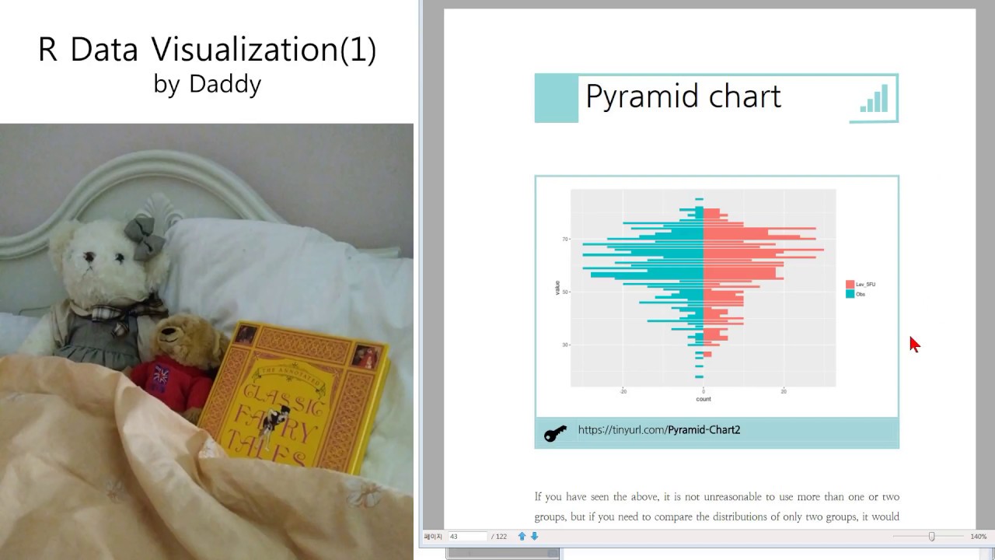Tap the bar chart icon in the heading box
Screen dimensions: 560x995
point(874,99)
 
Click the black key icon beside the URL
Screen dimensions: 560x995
point(555,433)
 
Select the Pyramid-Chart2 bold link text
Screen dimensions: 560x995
point(703,430)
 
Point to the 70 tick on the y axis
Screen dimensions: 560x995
point(565,240)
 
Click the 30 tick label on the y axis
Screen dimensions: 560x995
point(565,345)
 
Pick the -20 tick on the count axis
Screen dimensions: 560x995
point(623,392)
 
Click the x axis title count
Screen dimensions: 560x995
point(703,399)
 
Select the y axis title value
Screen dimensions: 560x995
point(557,288)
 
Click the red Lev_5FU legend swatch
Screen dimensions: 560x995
point(850,285)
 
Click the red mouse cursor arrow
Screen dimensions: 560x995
point(914,344)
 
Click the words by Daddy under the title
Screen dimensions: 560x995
point(207,84)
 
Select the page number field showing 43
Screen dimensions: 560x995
point(466,537)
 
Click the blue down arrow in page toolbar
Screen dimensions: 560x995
point(534,537)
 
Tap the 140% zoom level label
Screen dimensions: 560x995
point(978,537)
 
